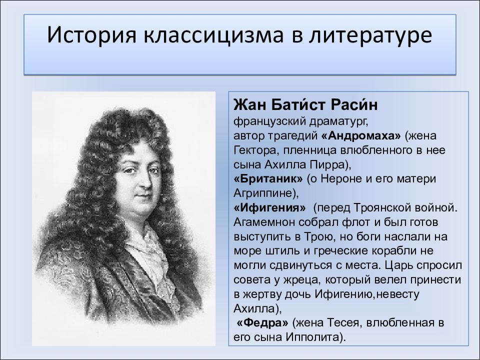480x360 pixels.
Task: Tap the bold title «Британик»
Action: coord(267,178)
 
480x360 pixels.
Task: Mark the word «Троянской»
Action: coord(384,207)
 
